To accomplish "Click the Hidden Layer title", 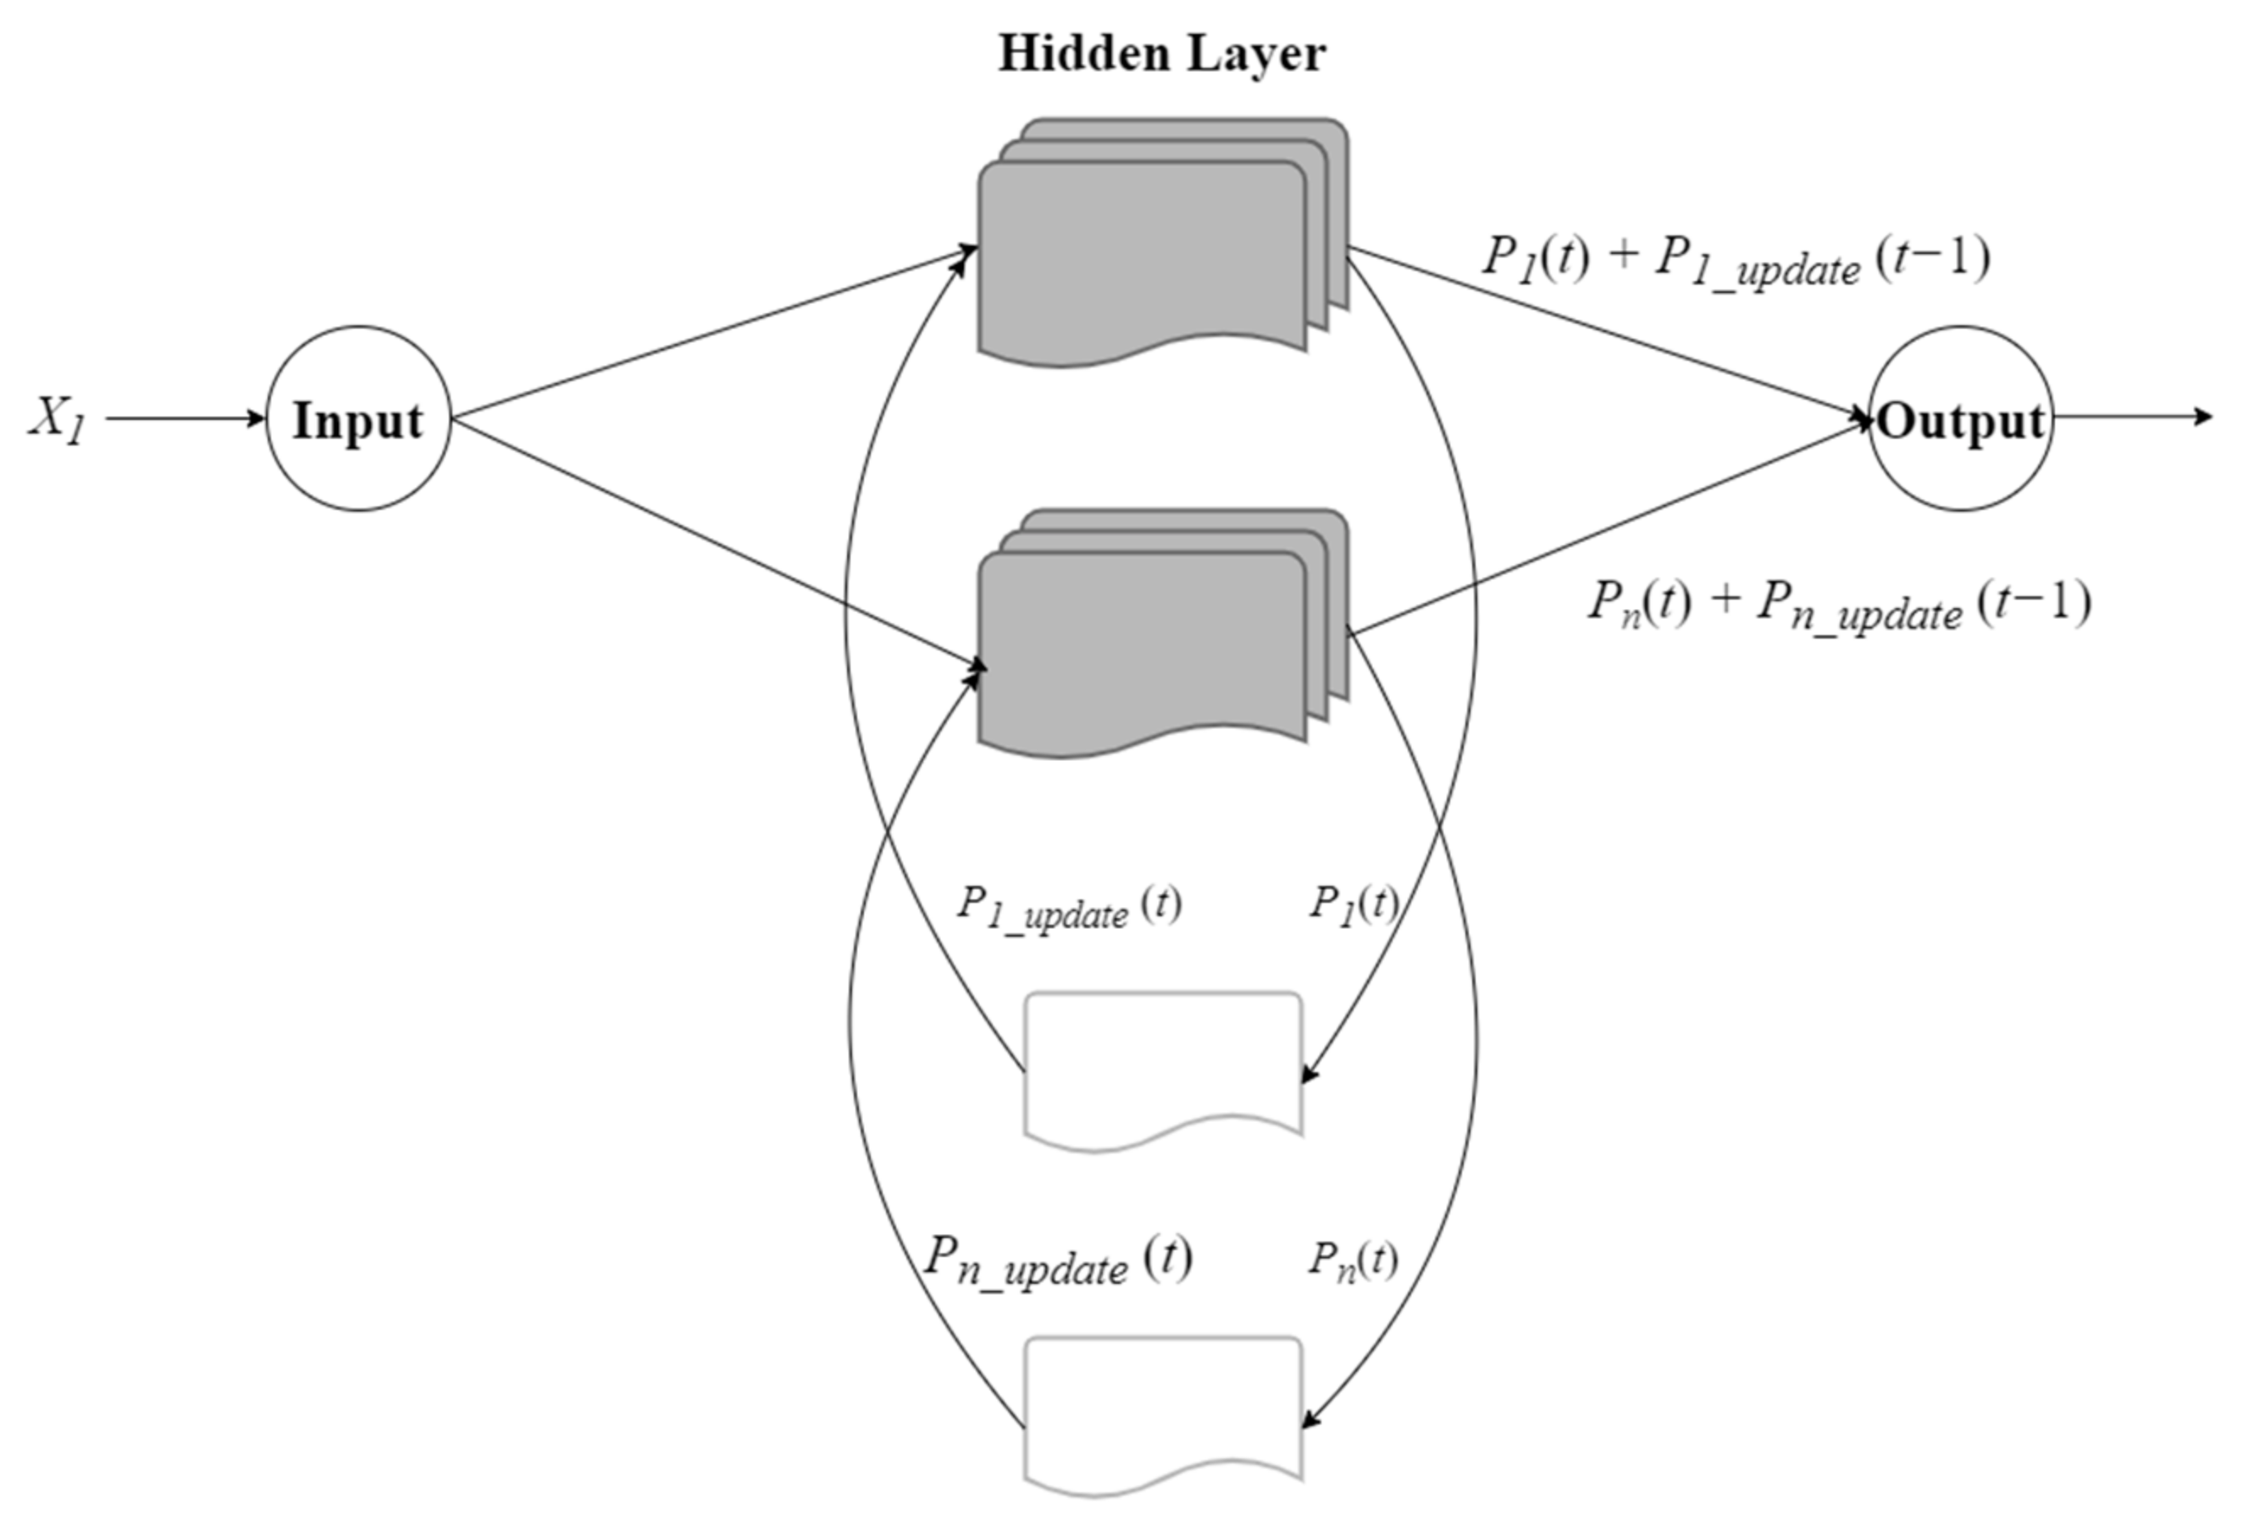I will coord(1161,54).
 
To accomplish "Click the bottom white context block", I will coord(1162,1410).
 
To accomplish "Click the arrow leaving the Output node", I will coord(2133,417).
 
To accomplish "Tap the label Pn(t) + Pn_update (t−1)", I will coord(1839,606).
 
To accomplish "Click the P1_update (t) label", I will coord(1068,906).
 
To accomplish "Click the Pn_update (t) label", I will coord(1058,1259).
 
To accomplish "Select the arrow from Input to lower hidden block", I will coord(714,540).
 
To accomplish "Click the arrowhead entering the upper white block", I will coord(1310,1074).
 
